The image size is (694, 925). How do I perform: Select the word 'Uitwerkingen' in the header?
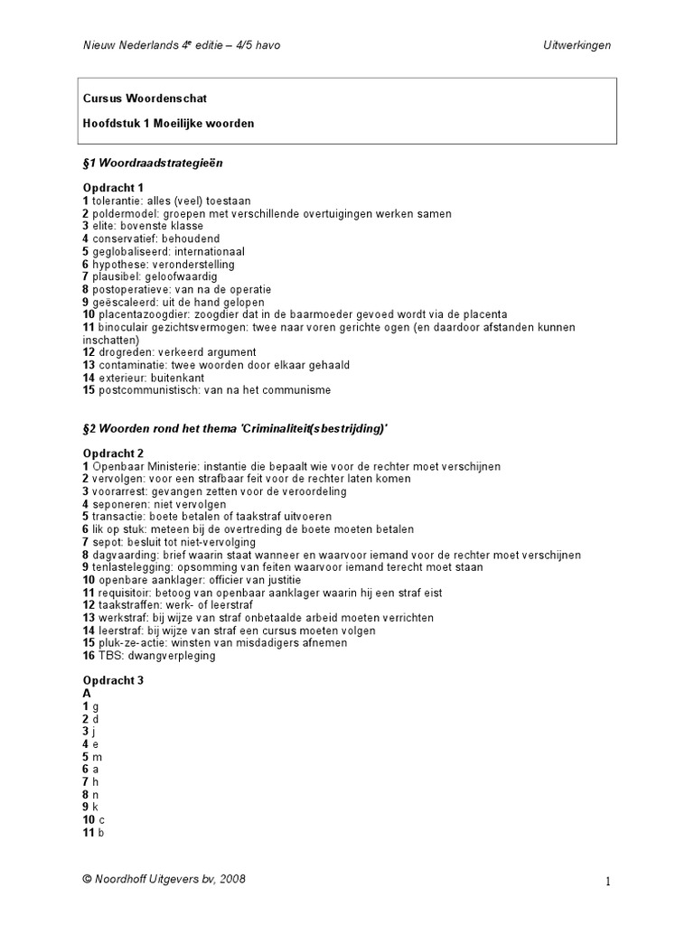click(x=578, y=46)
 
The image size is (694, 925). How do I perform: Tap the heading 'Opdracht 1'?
click(x=113, y=188)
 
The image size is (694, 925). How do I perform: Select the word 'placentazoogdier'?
click(x=137, y=314)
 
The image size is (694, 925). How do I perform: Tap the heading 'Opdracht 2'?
click(x=113, y=453)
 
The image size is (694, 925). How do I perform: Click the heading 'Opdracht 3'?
click(x=113, y=679)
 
